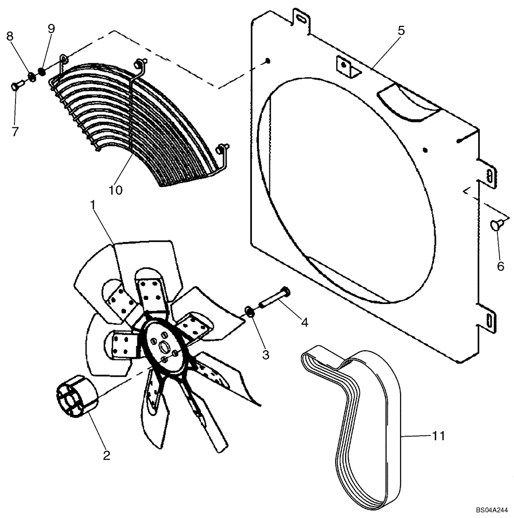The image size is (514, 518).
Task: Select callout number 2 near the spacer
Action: pyautogui.click(x=106, y=455)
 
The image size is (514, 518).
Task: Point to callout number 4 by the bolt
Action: pyautogui.click(x=304, y=322)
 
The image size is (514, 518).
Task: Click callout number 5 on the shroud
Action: pyautogui.click(x=401, y=31)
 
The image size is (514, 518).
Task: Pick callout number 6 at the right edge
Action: pyautogui.click(x=500, y=266)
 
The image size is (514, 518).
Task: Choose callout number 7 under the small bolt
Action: pyautogui.click(x=15, y=132)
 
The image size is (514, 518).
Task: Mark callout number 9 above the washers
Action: pyautogui.click(x=51, y=29)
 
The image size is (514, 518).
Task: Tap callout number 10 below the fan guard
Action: pyautogui.click(x=116, y=190)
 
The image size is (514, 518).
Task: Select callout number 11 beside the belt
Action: pyautogui.click(x=438, y=436)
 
